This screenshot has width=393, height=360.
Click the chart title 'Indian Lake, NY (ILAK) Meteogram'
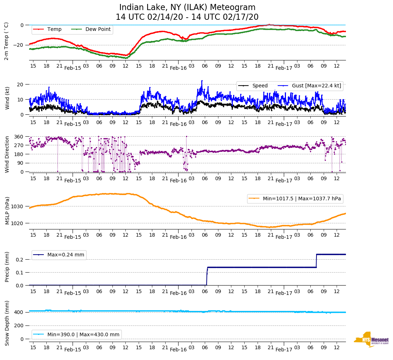point(187,8)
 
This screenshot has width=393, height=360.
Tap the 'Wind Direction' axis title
point(6,154)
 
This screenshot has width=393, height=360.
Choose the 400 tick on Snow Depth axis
point(19,312)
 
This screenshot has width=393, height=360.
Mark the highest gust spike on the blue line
point(202,81)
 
